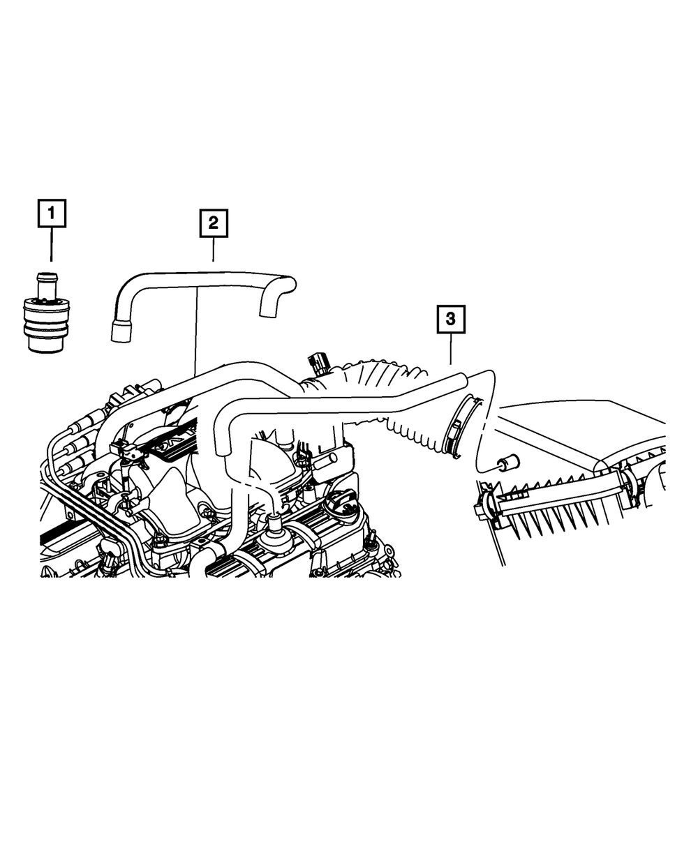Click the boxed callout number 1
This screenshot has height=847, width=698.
point(52,213)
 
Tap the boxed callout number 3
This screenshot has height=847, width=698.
point(451,320)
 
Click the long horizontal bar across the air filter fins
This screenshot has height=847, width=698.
point(558,498)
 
